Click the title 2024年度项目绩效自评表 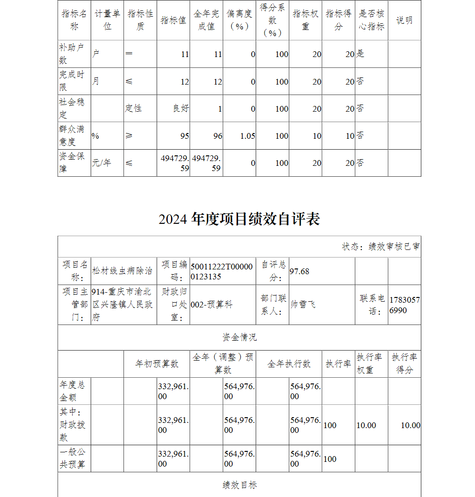point(239,219)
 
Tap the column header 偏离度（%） point(239,20)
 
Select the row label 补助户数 point(72,54)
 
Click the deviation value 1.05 point(247,136)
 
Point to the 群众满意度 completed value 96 point(218,136)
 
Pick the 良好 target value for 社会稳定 point(180,108)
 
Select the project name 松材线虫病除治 point(123,271)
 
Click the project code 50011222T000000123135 point(222,271)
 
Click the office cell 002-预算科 point(211,305)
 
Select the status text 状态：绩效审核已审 point(380,247)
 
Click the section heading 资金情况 point(239,337)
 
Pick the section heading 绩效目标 point(239,485)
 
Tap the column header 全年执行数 point(289,364)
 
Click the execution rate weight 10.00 point(366,425)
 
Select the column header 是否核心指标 point(371,20)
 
